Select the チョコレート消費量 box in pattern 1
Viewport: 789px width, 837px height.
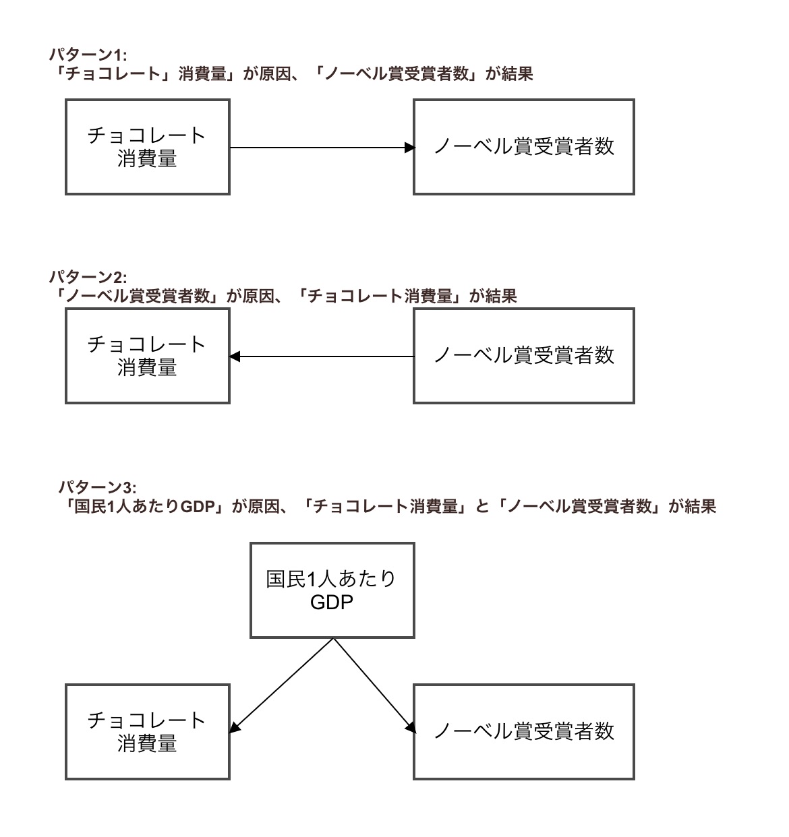(148, 147)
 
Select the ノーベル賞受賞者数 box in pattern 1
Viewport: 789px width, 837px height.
(523, 147)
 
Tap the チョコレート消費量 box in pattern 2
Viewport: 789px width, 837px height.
(148, 356)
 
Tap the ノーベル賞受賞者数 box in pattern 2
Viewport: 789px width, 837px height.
(523, 356)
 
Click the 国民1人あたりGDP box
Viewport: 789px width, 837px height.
(332, 590)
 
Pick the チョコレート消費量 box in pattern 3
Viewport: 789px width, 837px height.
(148, 732)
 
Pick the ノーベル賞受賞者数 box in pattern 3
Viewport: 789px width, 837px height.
(523, 732)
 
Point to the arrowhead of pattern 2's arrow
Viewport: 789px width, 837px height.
(235, 356)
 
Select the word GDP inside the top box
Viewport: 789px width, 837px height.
(332, 602)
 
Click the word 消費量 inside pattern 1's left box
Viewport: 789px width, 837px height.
(148, 159)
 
